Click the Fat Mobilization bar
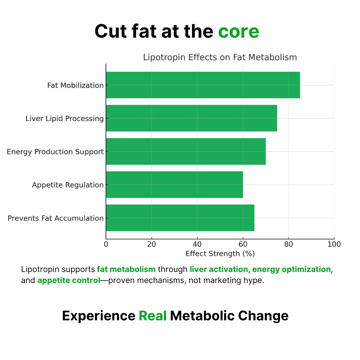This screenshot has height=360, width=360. (x=203, y=85)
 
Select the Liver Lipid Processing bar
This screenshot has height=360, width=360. (x=191, y=118)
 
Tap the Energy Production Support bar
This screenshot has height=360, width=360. (x=186, y=151)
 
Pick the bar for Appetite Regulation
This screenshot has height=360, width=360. (x=174, y=185)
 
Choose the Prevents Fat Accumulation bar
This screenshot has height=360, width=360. (x=180, y=218)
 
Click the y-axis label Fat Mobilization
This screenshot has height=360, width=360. (x=75, y=85)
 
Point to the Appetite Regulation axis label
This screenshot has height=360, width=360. (x=68, y=185)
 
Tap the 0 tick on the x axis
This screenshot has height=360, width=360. (x=106, y=244)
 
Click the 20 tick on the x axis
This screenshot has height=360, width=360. (x=152, y=244)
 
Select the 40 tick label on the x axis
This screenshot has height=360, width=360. (x=197, y=244)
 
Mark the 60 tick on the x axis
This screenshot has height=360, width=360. (x=243, y=244)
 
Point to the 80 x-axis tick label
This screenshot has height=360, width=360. (x=289, y=244)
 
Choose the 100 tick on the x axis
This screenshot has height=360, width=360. (x=334, y=244)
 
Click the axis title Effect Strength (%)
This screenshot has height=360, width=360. (x=220, y=254)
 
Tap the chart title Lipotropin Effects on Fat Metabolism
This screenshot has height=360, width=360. (x=220, y=57)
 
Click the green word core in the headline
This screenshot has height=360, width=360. (x=238, y=32)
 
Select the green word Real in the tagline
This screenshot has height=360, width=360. (x=152, y=316)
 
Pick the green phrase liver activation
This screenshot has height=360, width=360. (x=219, y=269)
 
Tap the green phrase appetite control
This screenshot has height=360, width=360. (x=69, y=280)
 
